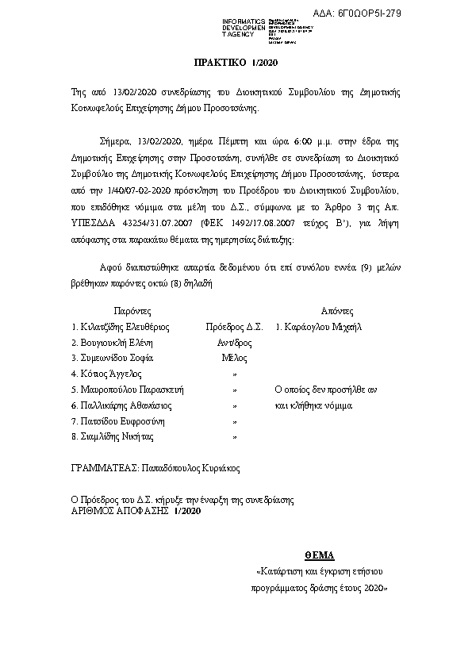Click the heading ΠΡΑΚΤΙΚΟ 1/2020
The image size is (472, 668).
pos(236,62)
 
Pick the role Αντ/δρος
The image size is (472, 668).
pos(234,343)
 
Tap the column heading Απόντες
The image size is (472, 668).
pos(336,310)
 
